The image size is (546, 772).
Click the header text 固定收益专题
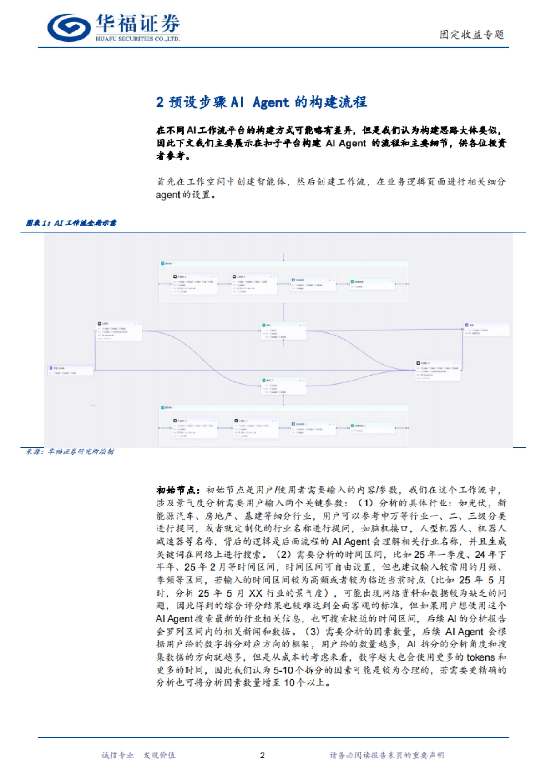[x=471, y=35]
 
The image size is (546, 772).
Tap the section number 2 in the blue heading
[x=160, y=102]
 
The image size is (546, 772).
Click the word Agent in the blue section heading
[x=271, y=102]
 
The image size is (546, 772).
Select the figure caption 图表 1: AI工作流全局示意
[x=71, y=223]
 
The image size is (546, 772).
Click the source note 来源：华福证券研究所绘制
[x=70, y=451]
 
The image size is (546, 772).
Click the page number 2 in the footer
[x=262, y=755]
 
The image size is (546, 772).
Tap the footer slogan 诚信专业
[x=117, y=755]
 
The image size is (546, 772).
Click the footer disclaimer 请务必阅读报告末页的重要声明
[x=387, y=755]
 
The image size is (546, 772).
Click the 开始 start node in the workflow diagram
[x=71, y=370]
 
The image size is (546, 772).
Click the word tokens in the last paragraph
[x=480, y=657]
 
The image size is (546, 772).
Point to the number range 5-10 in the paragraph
[x=283, y=670]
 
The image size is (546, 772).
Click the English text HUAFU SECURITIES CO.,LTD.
[x=137, y=39]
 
